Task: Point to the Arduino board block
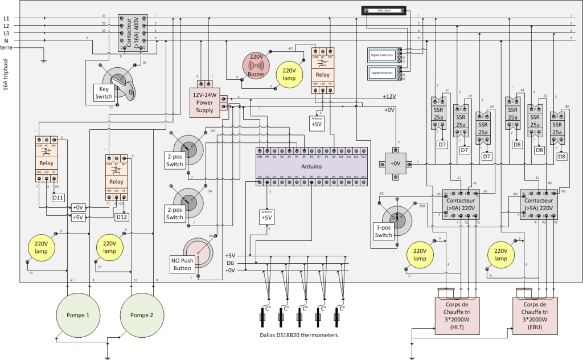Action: point(310,166)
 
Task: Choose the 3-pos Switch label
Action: point(383,231)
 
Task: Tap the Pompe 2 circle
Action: point(142,315)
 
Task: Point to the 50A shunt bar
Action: point(383,10)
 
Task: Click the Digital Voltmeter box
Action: point(383,55)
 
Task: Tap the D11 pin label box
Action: point(58,198)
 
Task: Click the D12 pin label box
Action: point(121,217)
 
